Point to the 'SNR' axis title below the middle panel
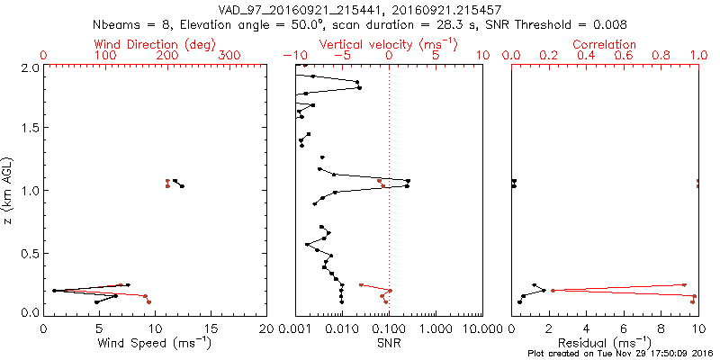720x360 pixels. [x=389, y=342]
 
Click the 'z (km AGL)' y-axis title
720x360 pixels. [x=10, y=189]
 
